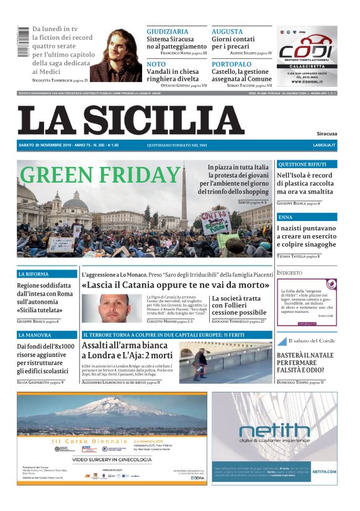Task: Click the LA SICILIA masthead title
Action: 130,120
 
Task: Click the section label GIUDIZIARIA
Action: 168,32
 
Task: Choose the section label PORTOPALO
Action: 232,64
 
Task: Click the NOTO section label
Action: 156,64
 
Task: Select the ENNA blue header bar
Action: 307,217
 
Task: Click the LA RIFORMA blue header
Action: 47,273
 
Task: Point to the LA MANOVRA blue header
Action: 47,335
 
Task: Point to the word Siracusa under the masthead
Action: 326,133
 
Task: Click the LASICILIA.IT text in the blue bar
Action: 324,145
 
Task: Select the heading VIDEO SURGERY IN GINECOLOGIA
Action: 112,459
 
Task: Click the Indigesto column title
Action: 290,273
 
